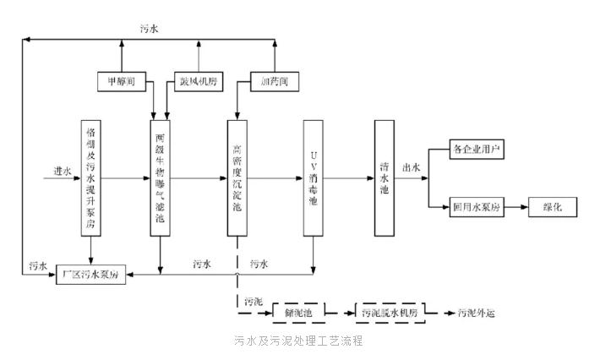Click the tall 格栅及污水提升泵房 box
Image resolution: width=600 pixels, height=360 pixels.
click(91, 178)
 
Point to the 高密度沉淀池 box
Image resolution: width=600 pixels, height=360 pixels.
click(237, 178)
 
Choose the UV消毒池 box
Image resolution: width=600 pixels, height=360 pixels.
click(314, 178)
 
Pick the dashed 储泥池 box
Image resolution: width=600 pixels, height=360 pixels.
click(299, 313)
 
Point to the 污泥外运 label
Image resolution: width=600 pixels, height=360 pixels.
click(476, 314)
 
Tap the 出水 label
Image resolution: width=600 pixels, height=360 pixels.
click(412, 167)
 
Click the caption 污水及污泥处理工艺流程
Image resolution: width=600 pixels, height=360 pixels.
click(299, 341)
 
